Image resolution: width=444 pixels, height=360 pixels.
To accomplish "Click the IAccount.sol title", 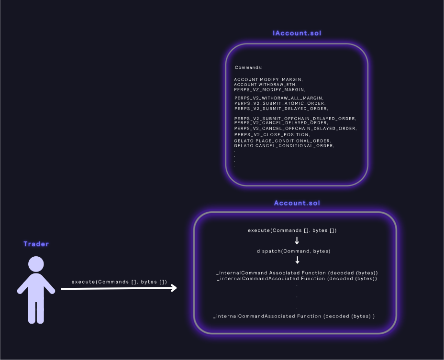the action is tap(297, 33).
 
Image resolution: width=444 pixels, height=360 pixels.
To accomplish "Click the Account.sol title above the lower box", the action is tap(297, 203).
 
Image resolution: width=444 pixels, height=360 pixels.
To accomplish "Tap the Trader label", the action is tap(36, 244).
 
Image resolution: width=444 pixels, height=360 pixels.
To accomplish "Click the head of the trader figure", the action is tap(36, 264).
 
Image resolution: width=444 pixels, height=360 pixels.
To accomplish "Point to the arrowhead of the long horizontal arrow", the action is tap(173, 288).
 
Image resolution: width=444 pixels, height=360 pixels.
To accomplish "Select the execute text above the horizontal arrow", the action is tap(119, 282).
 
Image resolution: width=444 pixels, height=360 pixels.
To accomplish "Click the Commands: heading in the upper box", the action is tap(249, 67).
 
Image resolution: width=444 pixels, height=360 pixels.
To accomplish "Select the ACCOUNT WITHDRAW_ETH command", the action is tap(265, 85).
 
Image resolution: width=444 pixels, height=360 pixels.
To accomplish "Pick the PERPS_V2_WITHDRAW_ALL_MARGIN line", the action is tap(278, 98).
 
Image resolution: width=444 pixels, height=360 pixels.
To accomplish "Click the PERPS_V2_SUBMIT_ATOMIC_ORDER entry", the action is tap(280, 103).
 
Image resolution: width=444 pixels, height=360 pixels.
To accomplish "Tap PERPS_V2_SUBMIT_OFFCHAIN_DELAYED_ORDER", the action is tap(295, 119).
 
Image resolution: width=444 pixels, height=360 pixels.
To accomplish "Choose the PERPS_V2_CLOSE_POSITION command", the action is tap(272, 135).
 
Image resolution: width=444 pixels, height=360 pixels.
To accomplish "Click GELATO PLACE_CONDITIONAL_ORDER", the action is tap(283, 141).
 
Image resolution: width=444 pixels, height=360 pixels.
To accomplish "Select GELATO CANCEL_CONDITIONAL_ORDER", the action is tap(284, 146).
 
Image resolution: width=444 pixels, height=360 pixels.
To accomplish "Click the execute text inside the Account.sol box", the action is tap(292, 230).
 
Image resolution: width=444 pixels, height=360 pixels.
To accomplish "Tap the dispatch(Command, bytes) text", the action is tap(294, 251).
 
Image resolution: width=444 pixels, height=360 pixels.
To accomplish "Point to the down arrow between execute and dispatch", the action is tap(297, 240).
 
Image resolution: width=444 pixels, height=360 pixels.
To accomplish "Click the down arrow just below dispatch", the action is tap(297, 260).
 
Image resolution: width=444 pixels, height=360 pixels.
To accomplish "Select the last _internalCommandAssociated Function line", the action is tap(294, 316).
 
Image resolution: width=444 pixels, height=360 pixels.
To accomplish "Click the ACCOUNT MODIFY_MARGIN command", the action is tap(268, 80).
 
